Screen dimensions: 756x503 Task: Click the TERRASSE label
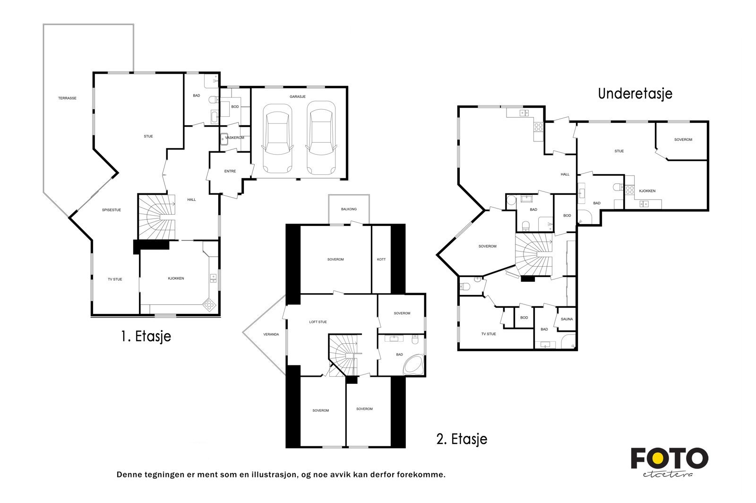tap(67, 98)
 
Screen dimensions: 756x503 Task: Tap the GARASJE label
tap(297, 96)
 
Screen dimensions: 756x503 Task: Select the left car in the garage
tap(277, 139)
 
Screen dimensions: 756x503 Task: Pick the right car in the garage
tap(321, 138)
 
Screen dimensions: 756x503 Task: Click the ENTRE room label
tap(230, 171)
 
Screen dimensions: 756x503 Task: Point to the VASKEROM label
tap(234, 138)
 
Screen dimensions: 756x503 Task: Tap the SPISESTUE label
tap(112, 210)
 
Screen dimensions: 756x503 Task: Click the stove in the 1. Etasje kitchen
tap(209, 305)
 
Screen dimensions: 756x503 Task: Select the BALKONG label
tap(349, 209)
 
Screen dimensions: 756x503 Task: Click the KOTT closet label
tap(381, 259)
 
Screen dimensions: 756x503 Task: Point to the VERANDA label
tap(271, 335)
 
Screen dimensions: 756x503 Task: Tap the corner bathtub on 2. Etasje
tap(414, 364)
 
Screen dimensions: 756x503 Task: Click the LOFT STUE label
tap(318, 322)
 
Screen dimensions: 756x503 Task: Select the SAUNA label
tap(567, 319)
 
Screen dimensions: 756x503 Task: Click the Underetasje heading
tap(635, 94)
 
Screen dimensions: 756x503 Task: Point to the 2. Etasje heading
tap(462, 439)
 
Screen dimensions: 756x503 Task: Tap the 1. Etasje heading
tap(146, 336)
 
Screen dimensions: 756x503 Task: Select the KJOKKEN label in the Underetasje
tap(647, 191)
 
